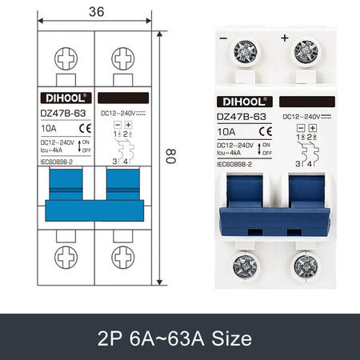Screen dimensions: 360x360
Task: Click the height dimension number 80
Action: point(169,158)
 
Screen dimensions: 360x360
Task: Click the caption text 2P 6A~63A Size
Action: point(179,337)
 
